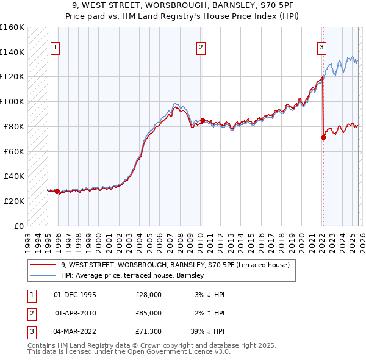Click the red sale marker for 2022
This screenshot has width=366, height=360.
pos(323,137)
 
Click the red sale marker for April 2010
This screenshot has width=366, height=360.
pos(202,120)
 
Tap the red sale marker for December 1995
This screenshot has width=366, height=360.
pos(57,191)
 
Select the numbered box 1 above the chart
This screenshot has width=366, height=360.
pos(56,47)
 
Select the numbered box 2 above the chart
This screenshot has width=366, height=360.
pos(201,47)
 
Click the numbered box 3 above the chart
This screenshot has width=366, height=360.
pos(321,47)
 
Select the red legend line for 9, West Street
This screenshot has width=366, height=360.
pos(43,265)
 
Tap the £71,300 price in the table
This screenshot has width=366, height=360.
pos(149,333)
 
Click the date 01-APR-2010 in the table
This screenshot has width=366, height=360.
pos(75,314)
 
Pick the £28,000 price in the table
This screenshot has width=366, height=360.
pos(149,294)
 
